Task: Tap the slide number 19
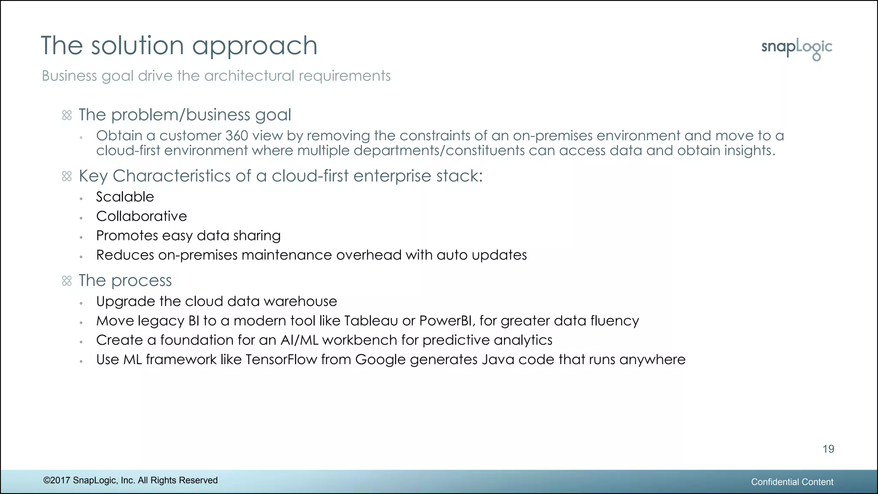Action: pyautogui.click(x=828, y=449)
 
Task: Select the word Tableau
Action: pyautogui.click(x=371, y=321)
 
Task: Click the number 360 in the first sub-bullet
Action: pyautogui.click(x=237, y=136)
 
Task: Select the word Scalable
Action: pyautogui.click(x=125, y=197)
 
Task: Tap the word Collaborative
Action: pyautogui.click(x=141, y=216)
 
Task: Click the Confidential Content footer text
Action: pyautogui.click(x=792, y=482)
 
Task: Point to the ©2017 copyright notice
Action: pyautogui.click(x=130, y=480)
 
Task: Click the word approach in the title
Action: pyautogui.click(x=254, y=46)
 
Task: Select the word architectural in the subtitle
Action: pyautogui.click(x=249, y=76)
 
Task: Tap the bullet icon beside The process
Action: pyautogui.click(x=67, y=281)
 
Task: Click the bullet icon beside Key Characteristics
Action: pyautogui.click(x=67, y=176)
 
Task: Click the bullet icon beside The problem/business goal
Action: pyautogui.click(x=67, y=115)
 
